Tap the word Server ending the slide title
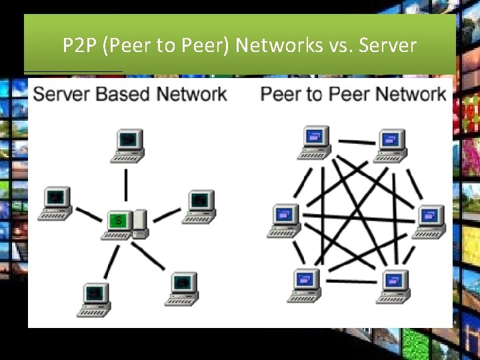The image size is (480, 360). point(387,45)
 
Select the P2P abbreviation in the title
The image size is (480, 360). point(79,45)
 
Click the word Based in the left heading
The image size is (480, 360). point(125,93)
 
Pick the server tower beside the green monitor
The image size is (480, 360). point(139,223)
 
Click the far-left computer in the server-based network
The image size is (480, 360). point(55,203)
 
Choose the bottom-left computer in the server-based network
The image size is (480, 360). point(95,299)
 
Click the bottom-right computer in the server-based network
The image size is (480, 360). point(182,287)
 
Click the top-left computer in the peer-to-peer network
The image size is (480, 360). point(313,141)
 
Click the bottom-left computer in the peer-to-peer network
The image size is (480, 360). point(305,285)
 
